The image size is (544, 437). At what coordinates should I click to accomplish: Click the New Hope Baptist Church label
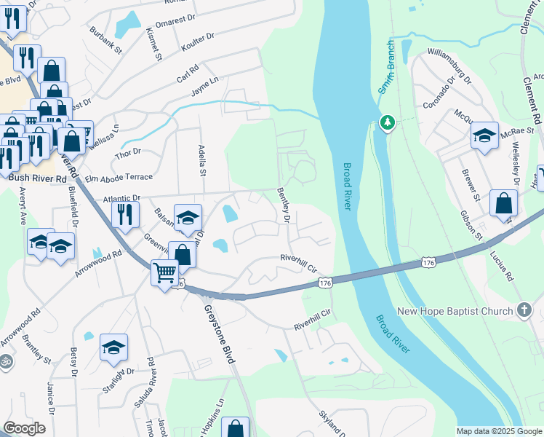pyautogui.click(x=455, y=312)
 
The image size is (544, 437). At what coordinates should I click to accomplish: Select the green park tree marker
pyautogui.click(x=388, y=122)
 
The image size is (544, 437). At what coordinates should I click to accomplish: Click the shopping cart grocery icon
pyautogui.click(x=165, y=273)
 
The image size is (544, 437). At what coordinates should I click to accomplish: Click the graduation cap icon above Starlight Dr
pyautogui.click(x=113, y=347)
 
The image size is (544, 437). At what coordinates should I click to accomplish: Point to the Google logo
pyautogui.click(x=24, y=428)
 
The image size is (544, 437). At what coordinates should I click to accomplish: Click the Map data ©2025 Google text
pyautogui.click(x=498, y=431)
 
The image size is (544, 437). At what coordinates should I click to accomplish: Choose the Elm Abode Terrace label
pyautogui.click(x=119, y=177)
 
